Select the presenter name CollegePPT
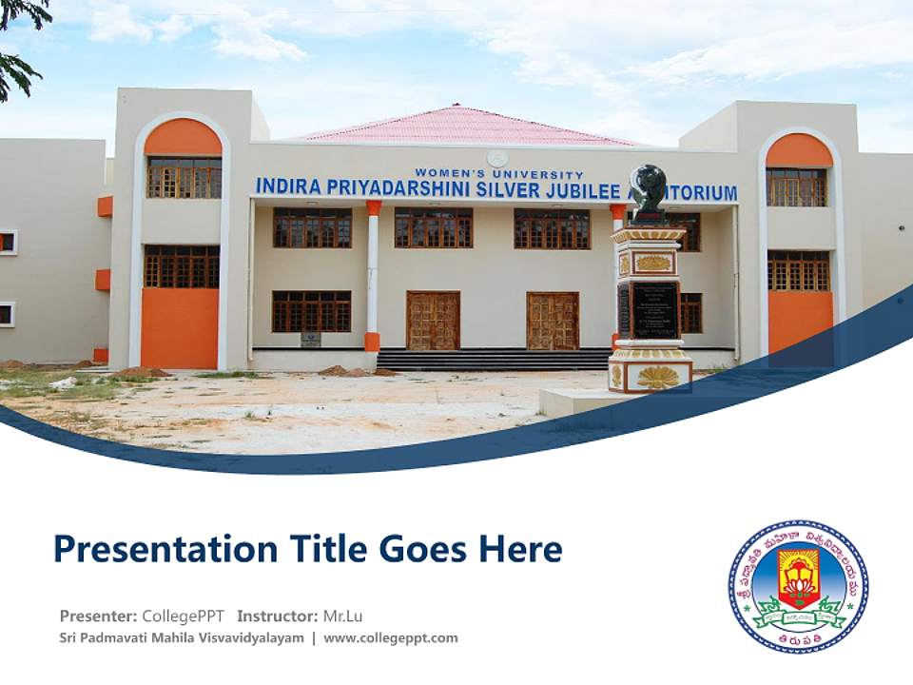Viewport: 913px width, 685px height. click(x=183, y=616)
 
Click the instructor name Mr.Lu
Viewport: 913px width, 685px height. click(x=342, y=616)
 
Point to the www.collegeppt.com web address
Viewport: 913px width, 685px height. click(x=390, y=637)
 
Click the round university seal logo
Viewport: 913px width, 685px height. click(x=798, y=586)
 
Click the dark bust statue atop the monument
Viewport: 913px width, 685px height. click(x=650, y=187)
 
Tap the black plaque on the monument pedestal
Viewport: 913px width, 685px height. click(x=654, y=308)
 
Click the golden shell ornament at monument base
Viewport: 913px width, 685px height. click(x=657, y=377)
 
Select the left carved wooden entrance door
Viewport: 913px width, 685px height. click(x=433, y=321)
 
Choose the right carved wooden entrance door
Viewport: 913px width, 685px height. click(x=553, y=321)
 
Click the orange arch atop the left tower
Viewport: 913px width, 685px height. click(x=183, y=139)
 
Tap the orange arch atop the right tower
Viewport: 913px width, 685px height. click(x=799, y=151)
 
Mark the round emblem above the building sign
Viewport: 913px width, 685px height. click(x=497, y=159)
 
